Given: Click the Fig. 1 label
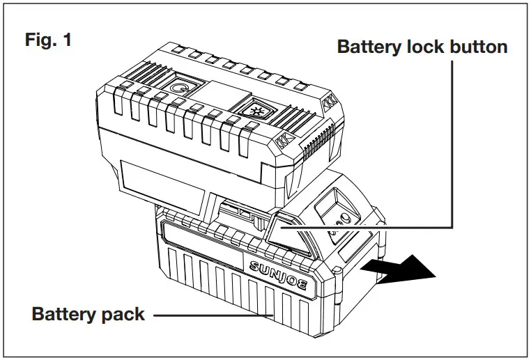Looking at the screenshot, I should [48, 40].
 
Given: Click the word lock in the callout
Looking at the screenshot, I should [418, 47].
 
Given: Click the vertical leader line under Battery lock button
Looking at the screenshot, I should [453, 139].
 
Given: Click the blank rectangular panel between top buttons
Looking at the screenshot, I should [215, 94].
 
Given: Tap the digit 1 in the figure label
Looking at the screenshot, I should [67, 40].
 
